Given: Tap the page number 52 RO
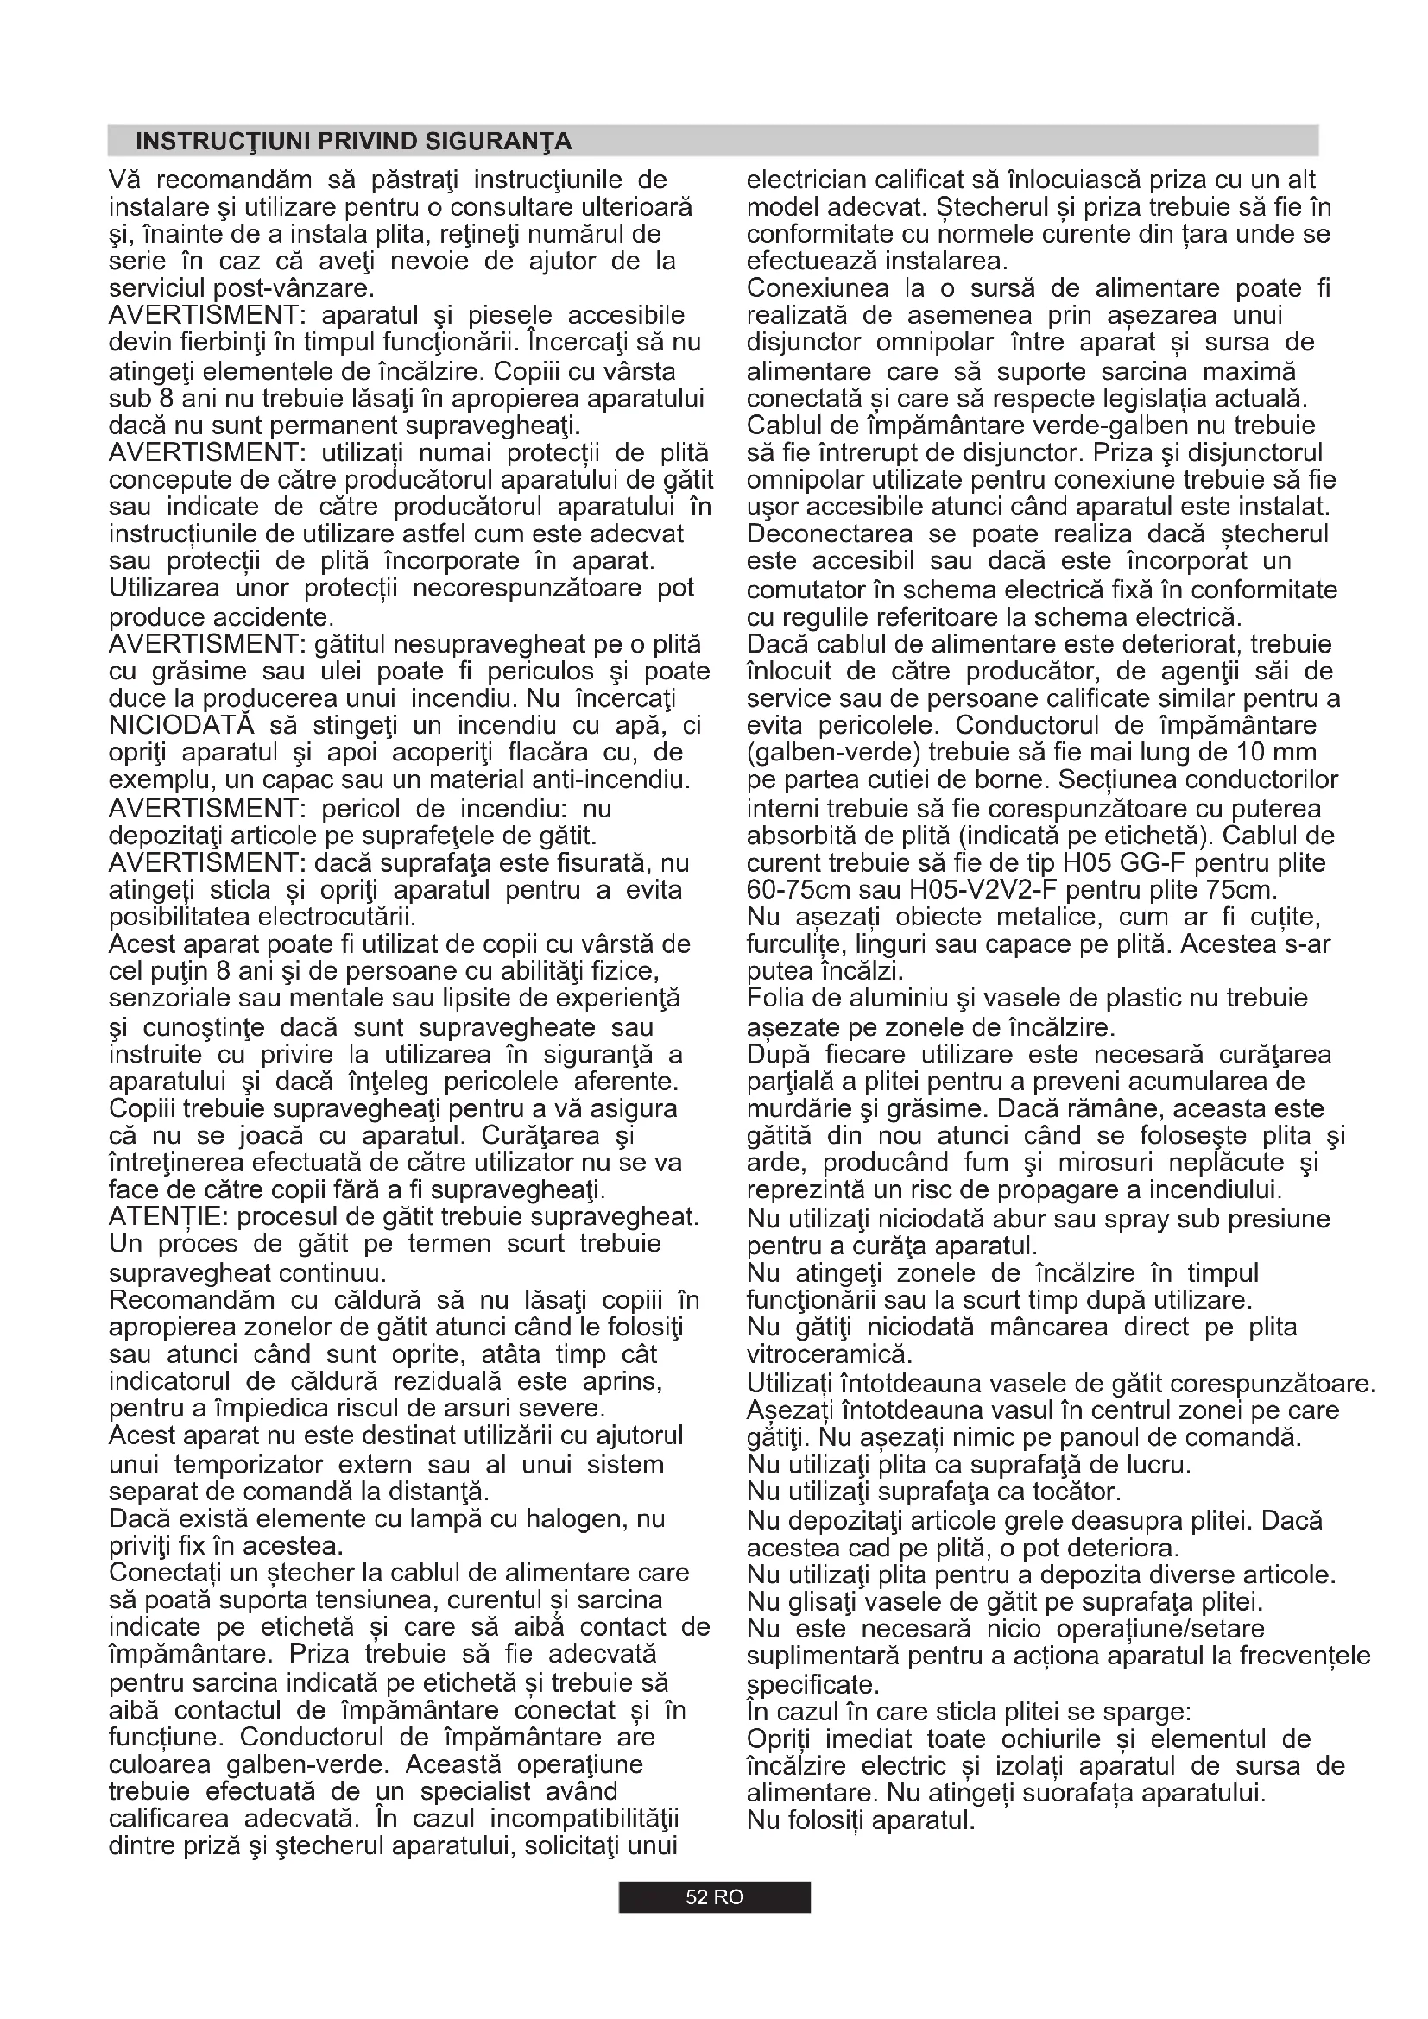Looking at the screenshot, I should point(714,1896).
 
